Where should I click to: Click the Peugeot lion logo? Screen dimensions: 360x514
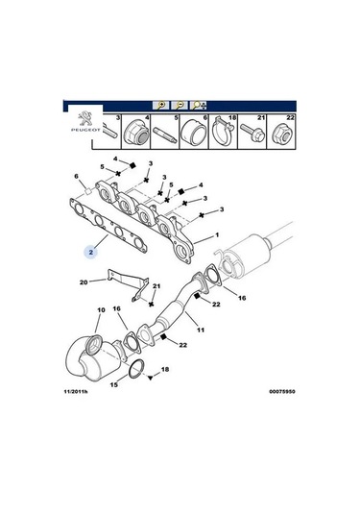85,119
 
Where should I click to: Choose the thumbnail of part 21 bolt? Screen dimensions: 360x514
252,133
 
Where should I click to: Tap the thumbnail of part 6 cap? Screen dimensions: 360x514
194,133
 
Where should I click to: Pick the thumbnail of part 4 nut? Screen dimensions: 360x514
136,133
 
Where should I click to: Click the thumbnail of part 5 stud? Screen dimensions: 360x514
165,135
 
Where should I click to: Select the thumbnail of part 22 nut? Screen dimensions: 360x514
280,134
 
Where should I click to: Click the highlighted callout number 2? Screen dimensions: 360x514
91,252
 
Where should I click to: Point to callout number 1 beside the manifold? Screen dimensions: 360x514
217,235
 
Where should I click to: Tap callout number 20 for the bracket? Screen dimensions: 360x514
84,281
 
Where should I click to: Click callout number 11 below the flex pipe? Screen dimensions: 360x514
200,330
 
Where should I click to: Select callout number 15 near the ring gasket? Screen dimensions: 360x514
113,384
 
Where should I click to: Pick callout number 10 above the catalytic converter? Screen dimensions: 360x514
101,309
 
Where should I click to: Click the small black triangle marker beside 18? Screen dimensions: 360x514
150,378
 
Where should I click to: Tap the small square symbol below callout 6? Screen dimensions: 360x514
87,190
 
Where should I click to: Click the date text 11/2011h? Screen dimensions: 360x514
76,391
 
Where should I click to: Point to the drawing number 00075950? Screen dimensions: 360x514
282,391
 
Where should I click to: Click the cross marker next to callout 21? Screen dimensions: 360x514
151,305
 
